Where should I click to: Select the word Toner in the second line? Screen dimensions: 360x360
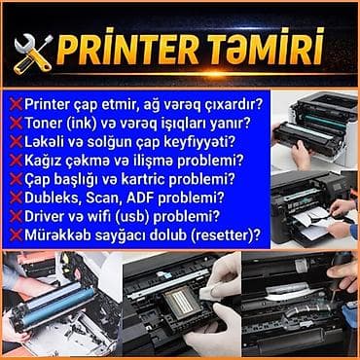pos(45,124)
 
